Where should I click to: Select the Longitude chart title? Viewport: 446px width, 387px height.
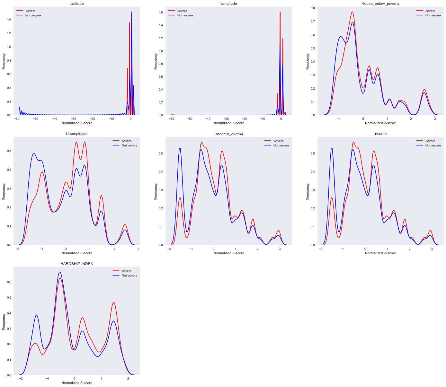point(228,4)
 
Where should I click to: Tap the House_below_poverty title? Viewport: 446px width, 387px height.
point(380,4)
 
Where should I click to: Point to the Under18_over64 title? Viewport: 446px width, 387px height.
point(228,134)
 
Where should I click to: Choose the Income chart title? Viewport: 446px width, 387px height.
point(380,134)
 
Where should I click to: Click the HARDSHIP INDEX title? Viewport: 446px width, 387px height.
point(76,264)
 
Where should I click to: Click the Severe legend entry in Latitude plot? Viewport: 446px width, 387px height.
point(31,11)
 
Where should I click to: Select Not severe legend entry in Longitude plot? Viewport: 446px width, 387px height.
point(185,15)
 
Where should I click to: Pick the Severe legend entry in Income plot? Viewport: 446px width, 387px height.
point(430,141)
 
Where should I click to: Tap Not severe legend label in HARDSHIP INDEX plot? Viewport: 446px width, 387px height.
point(129,276)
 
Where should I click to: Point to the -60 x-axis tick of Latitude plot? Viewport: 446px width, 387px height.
point(16,119)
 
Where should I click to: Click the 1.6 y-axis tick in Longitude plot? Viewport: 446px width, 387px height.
point(160,13)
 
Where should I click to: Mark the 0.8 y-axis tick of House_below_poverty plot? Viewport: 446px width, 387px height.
point(312,8)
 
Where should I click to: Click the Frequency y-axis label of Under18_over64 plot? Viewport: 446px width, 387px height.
point(156,191)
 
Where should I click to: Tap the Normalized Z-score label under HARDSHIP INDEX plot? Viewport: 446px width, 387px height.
point(76,383)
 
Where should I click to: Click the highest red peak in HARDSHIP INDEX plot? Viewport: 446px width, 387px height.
point(60,278)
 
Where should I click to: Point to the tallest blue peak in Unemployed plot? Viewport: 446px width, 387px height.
point(34,153)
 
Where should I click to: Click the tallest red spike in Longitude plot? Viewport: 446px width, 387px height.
point(280,12)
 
